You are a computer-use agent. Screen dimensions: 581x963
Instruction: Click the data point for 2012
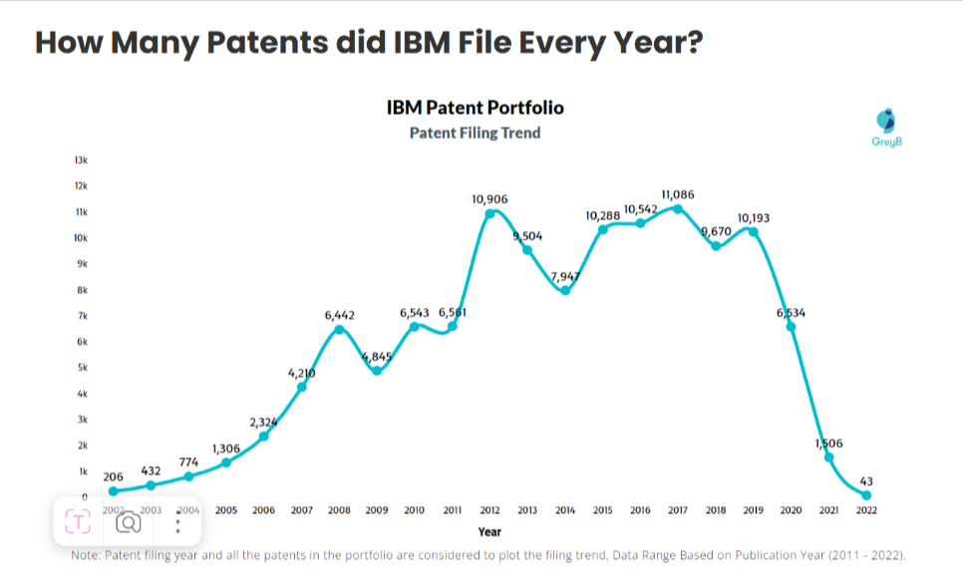click(x=489, y=212)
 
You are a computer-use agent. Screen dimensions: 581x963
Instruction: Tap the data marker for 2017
click(x=678, y=208)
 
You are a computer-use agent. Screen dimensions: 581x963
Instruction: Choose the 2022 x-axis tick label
click(x=866, y=510)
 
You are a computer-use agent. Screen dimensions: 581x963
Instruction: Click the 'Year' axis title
click(x=489, y=532)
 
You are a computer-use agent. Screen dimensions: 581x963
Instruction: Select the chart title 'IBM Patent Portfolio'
click(x=475, y=108)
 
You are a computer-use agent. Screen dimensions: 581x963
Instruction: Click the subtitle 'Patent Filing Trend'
click(x=475, y=133)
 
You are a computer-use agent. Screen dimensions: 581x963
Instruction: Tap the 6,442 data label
click(x=339, y=315)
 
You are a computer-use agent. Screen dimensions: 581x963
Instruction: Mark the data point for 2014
click(x=565, y=290)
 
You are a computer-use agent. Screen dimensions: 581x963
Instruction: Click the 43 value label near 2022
click(x=865, y=481)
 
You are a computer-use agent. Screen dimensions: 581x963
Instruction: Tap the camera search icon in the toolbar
click(x=128, y=521)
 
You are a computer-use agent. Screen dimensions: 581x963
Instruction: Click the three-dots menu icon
click(x=177, y=521)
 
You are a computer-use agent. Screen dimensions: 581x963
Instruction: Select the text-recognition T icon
click(x=78, y=521)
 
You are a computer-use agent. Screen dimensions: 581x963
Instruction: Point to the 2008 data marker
click(x=339, y=329)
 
